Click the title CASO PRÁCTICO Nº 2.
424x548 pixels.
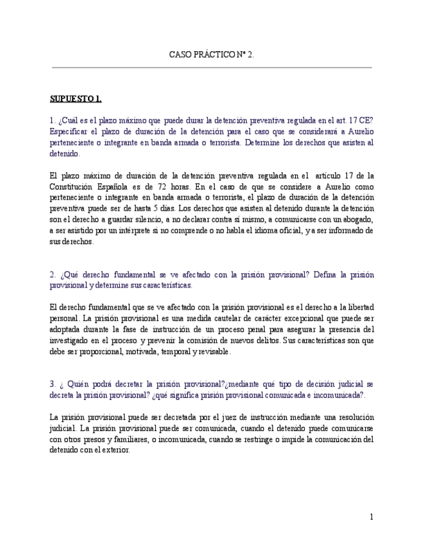[x=212, y=55]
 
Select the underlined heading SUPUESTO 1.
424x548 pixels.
[x=76, y=99]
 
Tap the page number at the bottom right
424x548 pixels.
[x=372, y=516]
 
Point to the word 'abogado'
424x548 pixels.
[x=357, y=219]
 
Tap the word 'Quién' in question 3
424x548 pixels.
[x=72, y=384]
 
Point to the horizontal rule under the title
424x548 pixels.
[x=212, y=67]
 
